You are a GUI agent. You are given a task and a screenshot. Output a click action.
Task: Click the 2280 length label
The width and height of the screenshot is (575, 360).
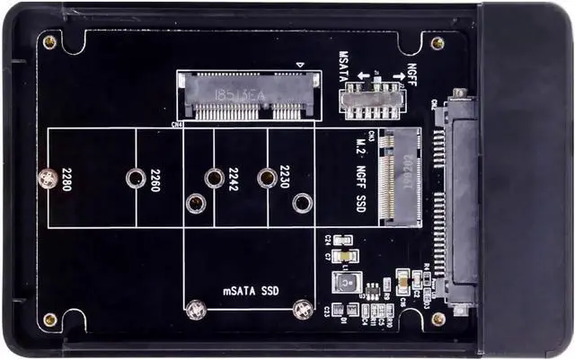(65, 180)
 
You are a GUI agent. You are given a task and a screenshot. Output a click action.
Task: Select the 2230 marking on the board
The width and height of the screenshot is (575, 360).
(284, 177)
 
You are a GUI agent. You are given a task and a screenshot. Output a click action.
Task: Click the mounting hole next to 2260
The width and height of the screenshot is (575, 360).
(134, 179)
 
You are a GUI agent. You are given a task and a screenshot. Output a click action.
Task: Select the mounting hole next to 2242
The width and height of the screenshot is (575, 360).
(214, 179)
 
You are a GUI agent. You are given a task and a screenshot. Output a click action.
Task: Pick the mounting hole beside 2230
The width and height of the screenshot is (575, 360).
(267, 179)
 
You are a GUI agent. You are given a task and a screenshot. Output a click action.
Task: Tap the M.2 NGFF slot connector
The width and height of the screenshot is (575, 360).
(401, 176)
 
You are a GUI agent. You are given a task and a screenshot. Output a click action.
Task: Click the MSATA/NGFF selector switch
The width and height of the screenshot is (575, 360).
(369, 96)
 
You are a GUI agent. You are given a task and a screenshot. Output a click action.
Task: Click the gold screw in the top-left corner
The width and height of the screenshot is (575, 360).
(49, 42)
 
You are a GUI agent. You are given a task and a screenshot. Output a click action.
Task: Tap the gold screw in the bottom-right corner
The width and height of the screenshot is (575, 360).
(438, 318)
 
